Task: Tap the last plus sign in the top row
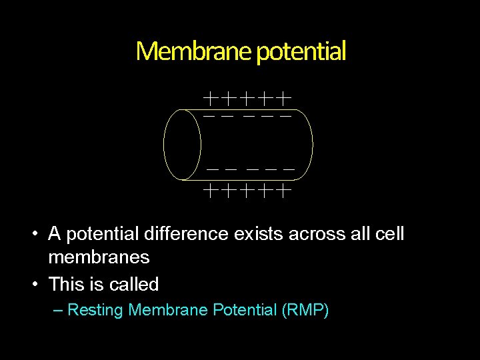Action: (x=285, y=99)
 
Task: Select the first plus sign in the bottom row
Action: (x=210, y=191)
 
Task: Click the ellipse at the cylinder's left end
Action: (x=182, y=145)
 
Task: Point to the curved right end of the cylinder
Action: (x=311, y=145)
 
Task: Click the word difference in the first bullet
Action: (x=185, y=234)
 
